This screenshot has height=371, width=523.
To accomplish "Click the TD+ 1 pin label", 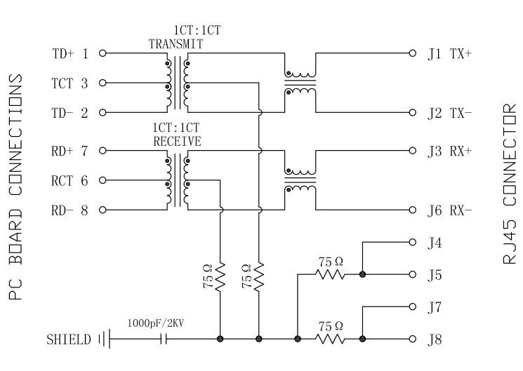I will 71,53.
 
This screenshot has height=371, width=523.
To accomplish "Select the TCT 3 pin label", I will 71,83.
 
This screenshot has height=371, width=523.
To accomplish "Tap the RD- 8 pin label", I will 71,210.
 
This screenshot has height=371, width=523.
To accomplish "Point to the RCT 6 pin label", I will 71,180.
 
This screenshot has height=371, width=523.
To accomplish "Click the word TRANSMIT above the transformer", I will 176,43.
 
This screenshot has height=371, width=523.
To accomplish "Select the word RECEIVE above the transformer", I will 177,141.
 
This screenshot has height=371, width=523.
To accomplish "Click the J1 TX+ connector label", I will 450,53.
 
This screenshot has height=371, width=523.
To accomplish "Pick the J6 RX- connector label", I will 450,210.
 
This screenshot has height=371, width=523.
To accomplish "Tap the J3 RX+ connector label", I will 450,151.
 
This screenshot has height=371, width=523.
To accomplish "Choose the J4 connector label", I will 435,243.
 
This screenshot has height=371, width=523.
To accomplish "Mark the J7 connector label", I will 435,307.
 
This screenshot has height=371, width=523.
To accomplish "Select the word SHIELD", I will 68,340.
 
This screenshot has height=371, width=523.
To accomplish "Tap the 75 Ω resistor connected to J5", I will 329,274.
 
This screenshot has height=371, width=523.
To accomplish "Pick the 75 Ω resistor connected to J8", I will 329,339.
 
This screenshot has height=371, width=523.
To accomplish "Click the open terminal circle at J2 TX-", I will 412,113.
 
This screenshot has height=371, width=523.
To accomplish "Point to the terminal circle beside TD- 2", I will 102,113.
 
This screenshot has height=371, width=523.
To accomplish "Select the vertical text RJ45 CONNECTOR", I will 510,185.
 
